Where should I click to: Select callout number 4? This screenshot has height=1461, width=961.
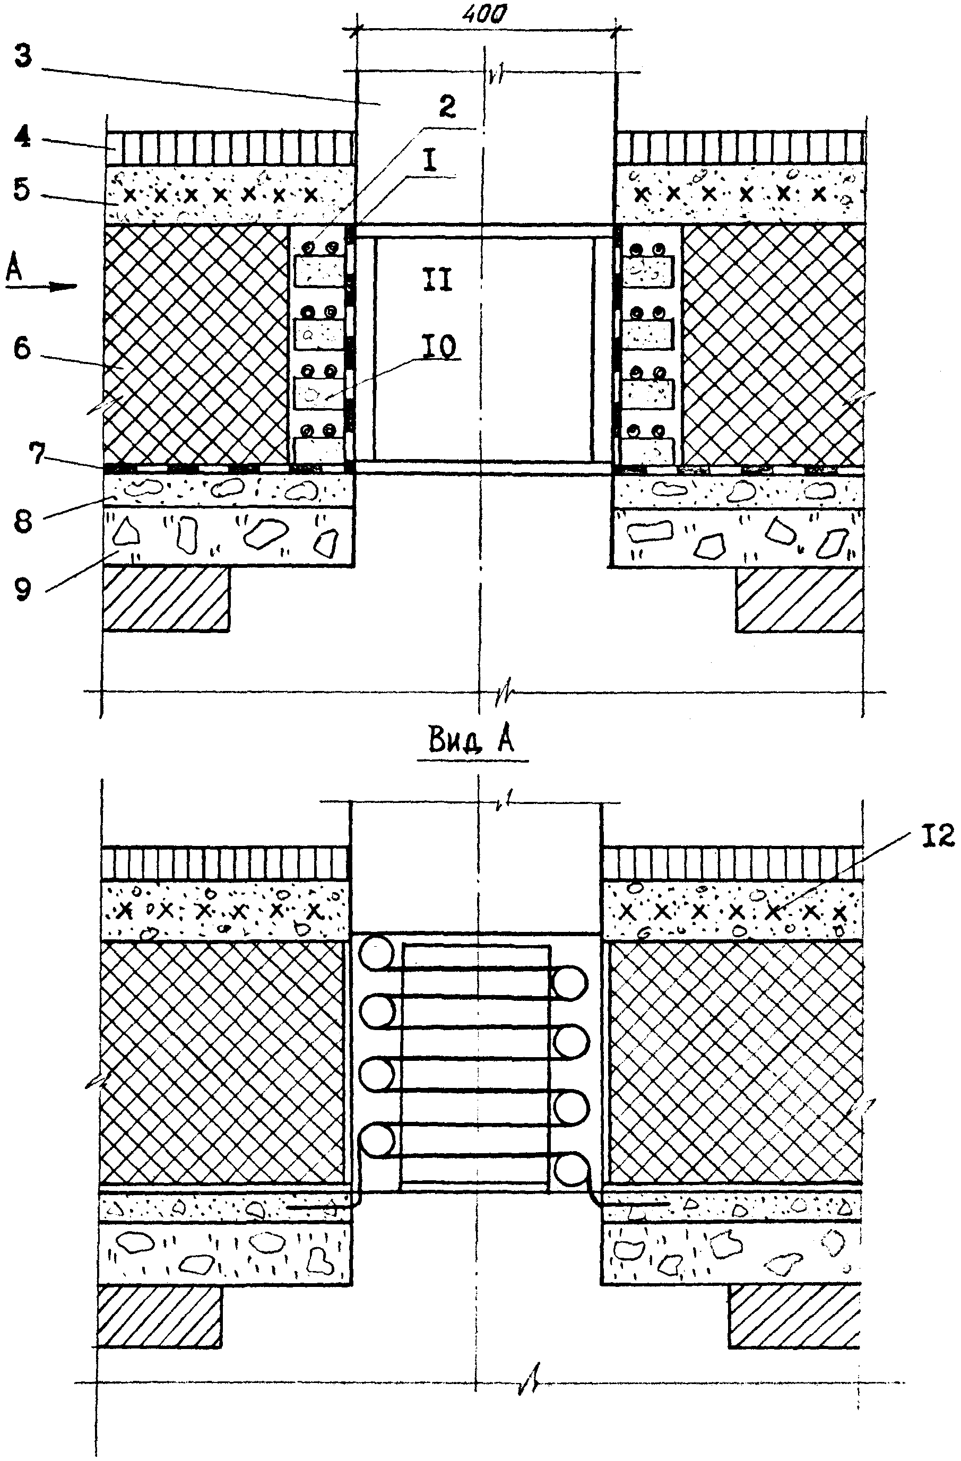[23, 136]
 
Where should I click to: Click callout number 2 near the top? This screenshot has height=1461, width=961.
[447, 107]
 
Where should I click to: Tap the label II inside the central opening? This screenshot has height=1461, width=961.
[436, 281]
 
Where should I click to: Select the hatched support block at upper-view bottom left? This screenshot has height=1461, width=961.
[166, 598]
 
